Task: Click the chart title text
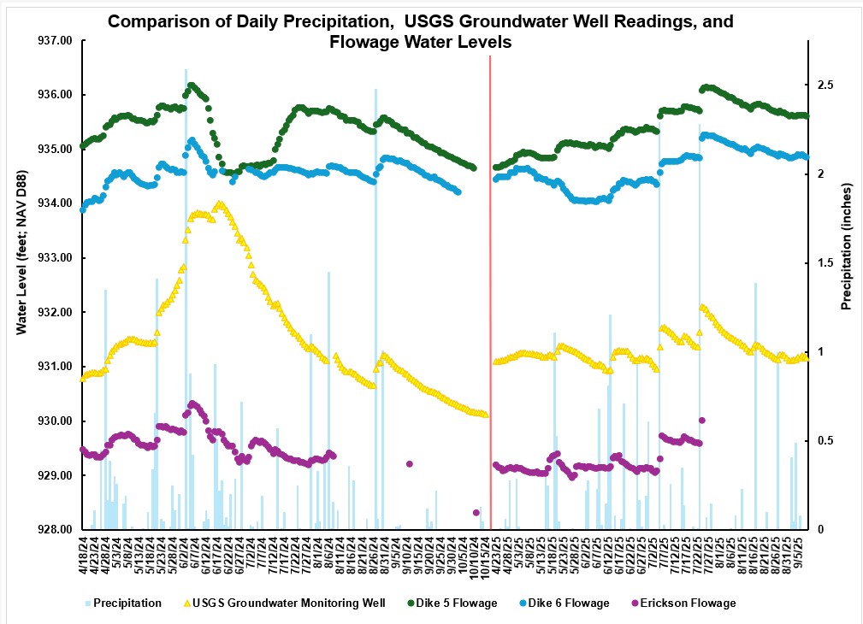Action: click(420, 32)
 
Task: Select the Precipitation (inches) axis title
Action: click(847, 246)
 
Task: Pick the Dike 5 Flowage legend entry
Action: click(452, 603)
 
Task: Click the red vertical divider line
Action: click(490, 291)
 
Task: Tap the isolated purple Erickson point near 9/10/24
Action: click(410, 464)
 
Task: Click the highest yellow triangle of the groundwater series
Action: click(219, 204)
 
